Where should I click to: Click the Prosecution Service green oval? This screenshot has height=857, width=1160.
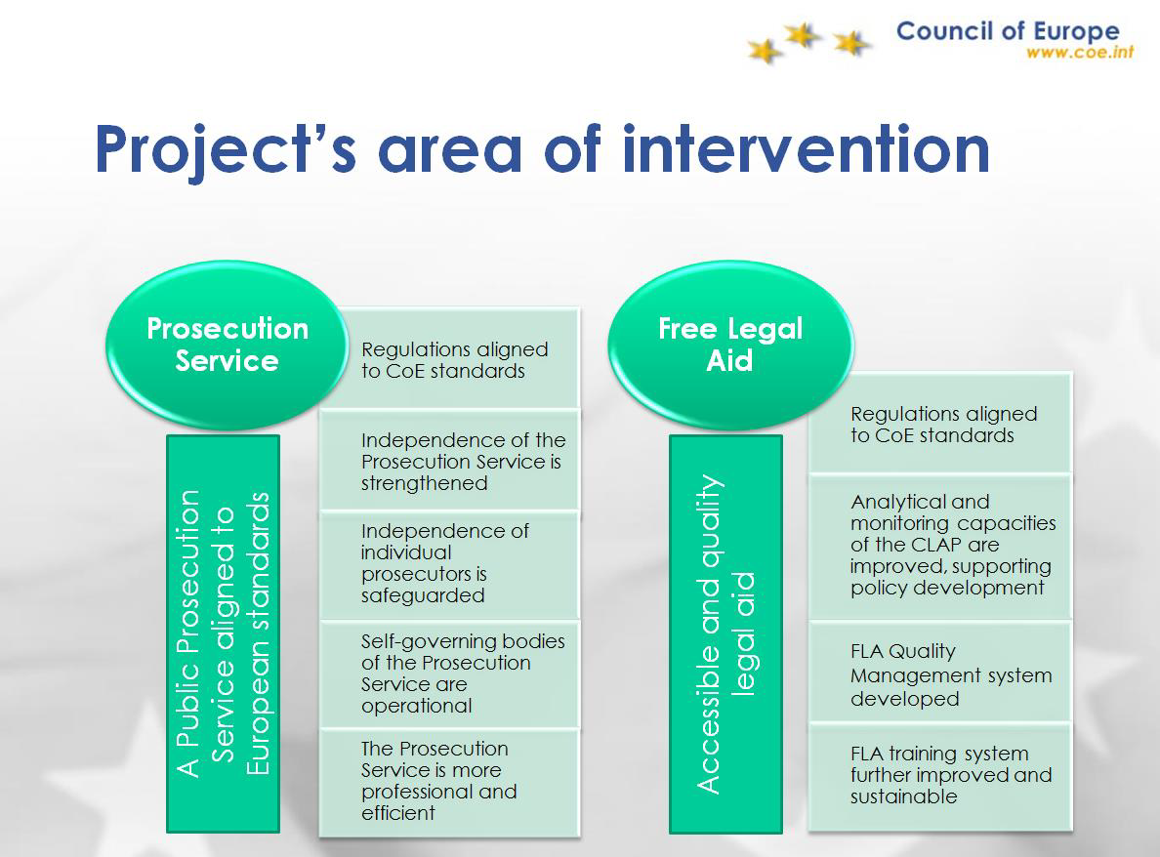pyautogui.click(x=228, y=345)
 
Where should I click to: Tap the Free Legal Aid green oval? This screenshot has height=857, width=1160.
pyautogui.click(x=731, y=345)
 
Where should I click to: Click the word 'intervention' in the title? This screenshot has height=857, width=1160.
pyautogui.click(x=806, y=150)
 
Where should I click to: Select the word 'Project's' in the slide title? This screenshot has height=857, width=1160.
pyautogui.click(x=225, y=151)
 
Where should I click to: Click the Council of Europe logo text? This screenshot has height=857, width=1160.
pyautogui.click(x=1008, y=31)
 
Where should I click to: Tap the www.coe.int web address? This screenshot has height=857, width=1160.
pyautogui.click(x=1079, y=52)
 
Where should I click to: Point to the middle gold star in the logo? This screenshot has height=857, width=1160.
pyautogui.click(x=803, y=35)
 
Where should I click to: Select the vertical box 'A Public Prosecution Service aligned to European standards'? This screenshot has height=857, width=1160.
pyautogui.click(x=224, y=633)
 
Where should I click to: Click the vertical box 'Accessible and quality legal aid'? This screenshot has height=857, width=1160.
pyautogui.click(x=725, y=633)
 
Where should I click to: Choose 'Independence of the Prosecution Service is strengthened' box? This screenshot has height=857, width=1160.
pyautogui.click(x=449, y=461)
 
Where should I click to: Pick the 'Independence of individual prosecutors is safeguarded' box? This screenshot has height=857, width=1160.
pyautogui.click(x=449, y=564)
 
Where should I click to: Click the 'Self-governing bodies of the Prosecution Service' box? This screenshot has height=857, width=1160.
pyautogui.click(x=449, y=673)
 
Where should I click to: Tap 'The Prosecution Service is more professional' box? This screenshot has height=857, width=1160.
pyautogui.click(x=449, y=782)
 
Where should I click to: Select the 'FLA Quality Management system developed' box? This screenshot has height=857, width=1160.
pyautogui.click(x=939, y=672)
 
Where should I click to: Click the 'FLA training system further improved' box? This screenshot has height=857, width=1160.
pyautogui.click(x=939, y=776)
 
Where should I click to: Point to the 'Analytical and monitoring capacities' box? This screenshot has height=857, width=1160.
pyautogui.click(x=939, y=547)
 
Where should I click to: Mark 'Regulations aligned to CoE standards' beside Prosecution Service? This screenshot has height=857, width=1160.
pyautogui.click(x=449, y=358)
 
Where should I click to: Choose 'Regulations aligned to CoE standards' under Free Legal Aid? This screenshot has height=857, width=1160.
pyautogui.click(x=939, y=423)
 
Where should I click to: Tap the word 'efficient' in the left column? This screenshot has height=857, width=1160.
pyautogui.click(x=398, y=813)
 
